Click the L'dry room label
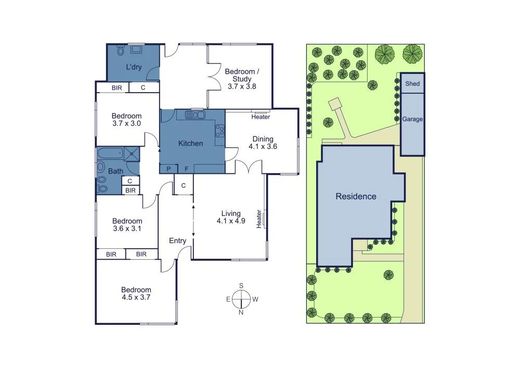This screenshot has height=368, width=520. [x=134, y=67]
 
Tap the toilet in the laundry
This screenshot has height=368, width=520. [x=121, y=50]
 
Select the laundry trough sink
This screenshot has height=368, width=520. [x=137, y=49]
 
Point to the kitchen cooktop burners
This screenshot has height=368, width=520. [x=219, y=129]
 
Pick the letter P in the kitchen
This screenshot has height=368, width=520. [x=168, y=169]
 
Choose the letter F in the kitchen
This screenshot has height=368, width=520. [x=186, y=169]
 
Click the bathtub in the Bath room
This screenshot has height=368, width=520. [x=110, y=153]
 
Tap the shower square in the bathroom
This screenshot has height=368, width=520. [x=133, y=153]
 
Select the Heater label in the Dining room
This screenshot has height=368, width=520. [x=261, y=117]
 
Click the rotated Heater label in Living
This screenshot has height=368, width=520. [x=258, y=219]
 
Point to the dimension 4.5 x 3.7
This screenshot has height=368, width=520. [x=136, y=298]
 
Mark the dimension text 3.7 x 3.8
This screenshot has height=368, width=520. [x=242, y=86]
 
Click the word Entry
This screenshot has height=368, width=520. [x=177, y=240]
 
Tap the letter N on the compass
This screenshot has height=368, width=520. [x=241, y=312]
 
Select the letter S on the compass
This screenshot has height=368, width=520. [x=241, y=286]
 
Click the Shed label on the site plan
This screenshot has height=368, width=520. [x=412, y=83]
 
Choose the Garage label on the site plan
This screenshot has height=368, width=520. [x=412, y=119]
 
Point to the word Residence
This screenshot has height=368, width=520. [x=356, y=196]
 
